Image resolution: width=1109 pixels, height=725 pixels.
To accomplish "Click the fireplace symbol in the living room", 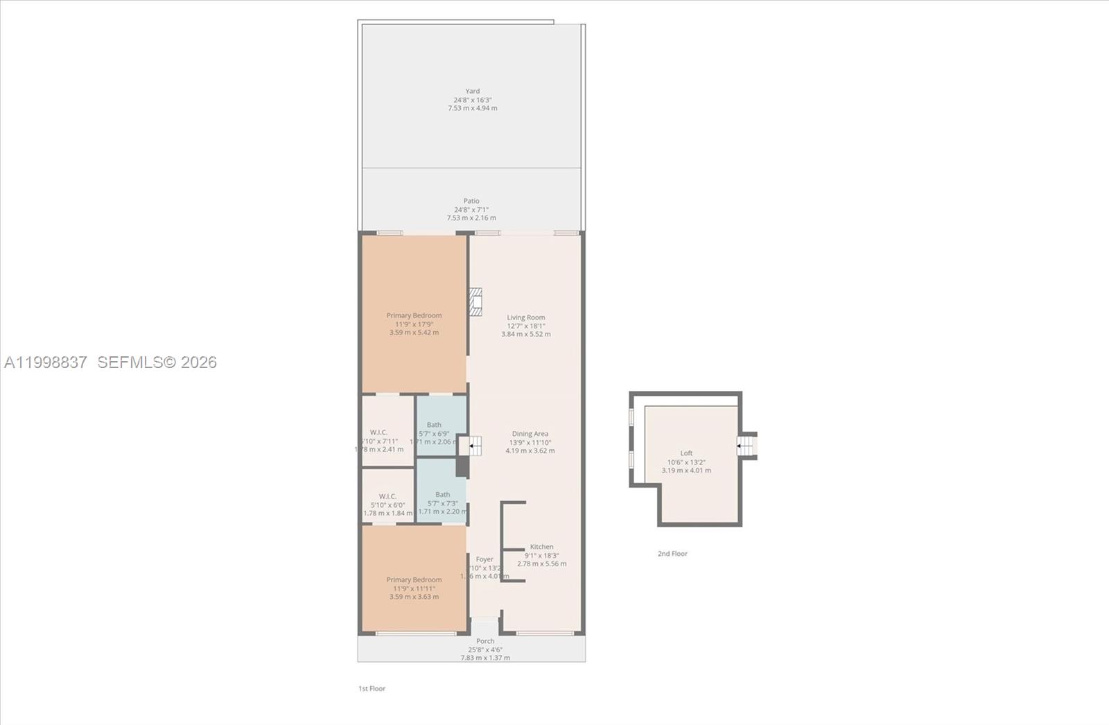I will [x=475, y=302].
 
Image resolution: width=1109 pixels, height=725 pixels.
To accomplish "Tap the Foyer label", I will [x=484, y=559].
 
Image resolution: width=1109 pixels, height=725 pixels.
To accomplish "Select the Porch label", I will [x=485, y=641].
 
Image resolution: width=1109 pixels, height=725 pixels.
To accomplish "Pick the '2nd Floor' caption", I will [x=672, y=554].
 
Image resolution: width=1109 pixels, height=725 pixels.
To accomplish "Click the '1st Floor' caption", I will [x=372, y=688].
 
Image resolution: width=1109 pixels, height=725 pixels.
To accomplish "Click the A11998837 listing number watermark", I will [x=46, y=362].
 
